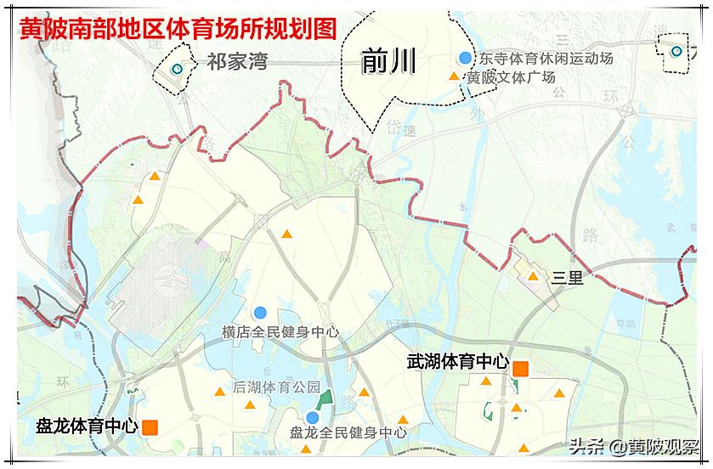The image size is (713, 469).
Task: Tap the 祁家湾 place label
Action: (237, 61)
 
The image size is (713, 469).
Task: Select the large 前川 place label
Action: (388, 60)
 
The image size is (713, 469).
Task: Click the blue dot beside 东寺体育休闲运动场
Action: (464, 59)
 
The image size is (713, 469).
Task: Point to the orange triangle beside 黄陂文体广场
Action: (454, 77)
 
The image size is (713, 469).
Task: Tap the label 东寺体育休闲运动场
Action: (546, 59)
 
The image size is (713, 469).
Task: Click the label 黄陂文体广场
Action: (511, 77)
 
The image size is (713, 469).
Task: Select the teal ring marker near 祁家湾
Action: (177, 70)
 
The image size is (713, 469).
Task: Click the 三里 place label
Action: (567, 277)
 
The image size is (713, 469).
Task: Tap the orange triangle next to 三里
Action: (533, 276)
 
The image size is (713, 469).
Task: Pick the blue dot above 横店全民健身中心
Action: (260, 313)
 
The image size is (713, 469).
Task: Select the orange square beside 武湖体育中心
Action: (520, 368)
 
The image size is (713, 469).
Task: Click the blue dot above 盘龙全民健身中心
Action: (312, 417)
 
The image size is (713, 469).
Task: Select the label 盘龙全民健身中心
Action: (348, 432)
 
